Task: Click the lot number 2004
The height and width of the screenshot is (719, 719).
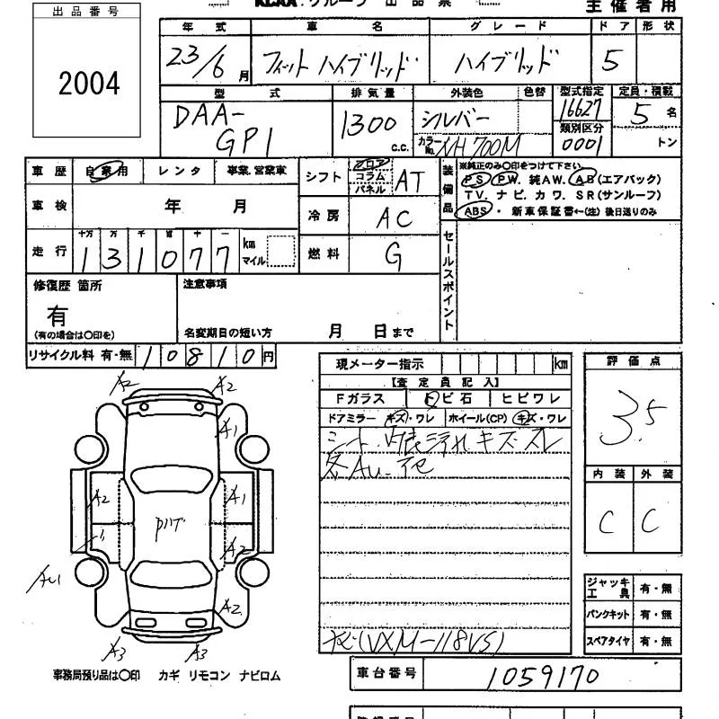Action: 89,84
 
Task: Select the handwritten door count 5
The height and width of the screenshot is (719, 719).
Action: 612,61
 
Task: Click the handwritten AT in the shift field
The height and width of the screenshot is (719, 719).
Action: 409,181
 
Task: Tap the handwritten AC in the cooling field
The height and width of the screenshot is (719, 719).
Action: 394,217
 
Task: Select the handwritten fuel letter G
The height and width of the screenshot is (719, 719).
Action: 394,256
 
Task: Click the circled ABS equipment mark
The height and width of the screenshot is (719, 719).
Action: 473,211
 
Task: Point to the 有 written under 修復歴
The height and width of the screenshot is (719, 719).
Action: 58,316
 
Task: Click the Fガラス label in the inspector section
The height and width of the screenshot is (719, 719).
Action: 359,398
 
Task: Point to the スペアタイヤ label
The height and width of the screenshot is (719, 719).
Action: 608,642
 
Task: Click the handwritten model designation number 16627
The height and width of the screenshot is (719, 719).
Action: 579,107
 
